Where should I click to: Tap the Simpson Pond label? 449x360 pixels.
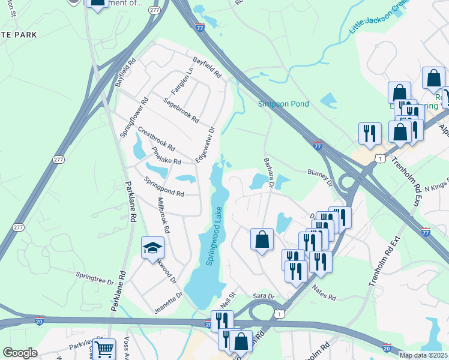(283, 104)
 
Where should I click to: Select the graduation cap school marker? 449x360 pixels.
(152, 247)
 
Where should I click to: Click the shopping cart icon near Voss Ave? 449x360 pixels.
(105, 349)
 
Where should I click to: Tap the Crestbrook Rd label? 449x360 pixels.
(156, 139)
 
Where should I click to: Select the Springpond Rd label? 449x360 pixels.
(164, 186)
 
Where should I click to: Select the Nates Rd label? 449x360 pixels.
(324, 293)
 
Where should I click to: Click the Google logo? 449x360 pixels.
(20, 353)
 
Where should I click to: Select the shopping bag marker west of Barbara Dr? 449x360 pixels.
(262, 240)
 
